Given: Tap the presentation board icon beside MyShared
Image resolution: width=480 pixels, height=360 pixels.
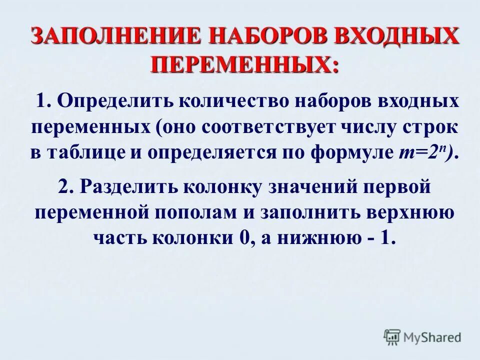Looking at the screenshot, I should pos(392,337).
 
